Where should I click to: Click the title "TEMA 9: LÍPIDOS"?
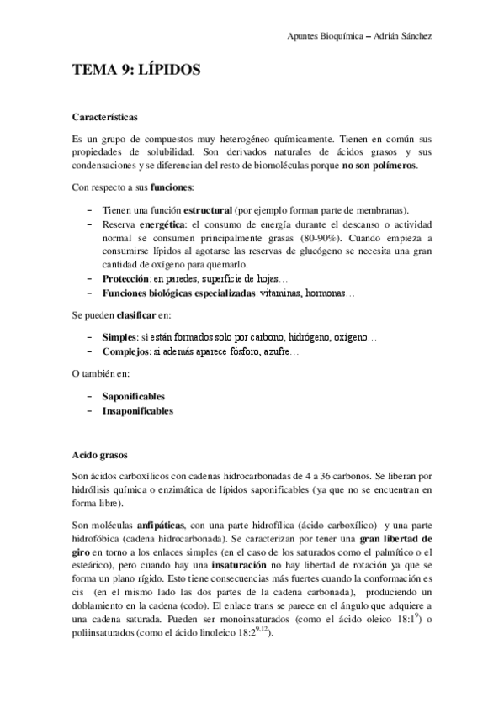(x=136, y=71)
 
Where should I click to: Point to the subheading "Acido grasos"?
(x=101, y=455)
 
